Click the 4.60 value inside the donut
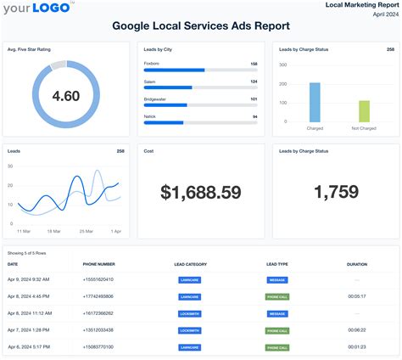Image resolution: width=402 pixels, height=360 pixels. (x=65, y=96)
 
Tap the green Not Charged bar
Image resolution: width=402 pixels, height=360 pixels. (x=365, y=111)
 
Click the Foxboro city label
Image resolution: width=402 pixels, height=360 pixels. (x=152, y=64)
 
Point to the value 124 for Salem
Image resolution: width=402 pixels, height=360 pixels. (x=254, y=81)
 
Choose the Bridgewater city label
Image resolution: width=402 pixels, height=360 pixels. (x=156, y=98)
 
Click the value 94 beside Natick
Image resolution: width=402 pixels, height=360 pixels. (x=254, y=115)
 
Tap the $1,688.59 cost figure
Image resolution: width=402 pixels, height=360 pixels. (x=201, y=193)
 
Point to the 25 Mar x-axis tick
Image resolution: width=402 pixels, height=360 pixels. (x=87, y=231)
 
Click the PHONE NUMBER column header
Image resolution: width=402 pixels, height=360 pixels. (x=100, y=264)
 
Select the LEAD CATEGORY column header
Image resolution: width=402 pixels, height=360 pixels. (x=190, y=264)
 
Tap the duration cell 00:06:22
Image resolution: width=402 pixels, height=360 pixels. (x=357, y=329)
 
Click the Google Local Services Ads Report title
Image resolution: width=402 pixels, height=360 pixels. (x=201, y=26)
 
